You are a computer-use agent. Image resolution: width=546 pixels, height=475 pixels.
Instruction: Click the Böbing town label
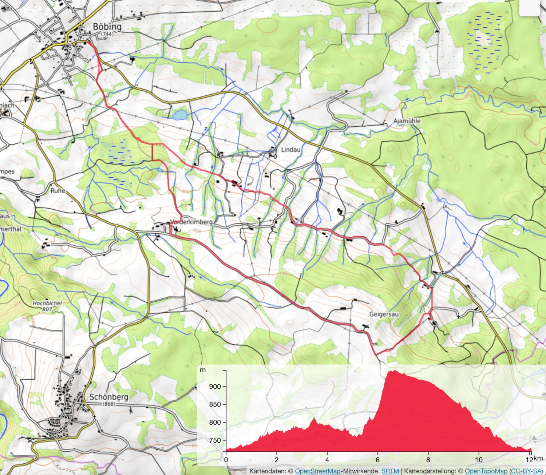tap(107, 27)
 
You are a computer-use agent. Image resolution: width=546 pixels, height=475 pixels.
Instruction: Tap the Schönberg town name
tap(109, 397)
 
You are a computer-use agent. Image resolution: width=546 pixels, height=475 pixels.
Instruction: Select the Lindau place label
tap(291, 150)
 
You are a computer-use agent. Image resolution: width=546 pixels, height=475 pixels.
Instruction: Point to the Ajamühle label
tap(407, 121)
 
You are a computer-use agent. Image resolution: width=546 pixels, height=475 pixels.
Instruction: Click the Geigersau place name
tap(384, 314)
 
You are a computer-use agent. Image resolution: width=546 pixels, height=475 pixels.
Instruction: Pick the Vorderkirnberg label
tap(192, 222)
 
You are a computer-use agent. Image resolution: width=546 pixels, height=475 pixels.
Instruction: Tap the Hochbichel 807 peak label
tap(47, 306)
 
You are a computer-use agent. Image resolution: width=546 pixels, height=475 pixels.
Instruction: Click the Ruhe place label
tap(58, 191)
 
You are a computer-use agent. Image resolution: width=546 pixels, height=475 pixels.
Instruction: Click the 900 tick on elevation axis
tap(215, 387)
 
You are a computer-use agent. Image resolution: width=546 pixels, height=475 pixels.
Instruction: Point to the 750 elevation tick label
tap(215, 440)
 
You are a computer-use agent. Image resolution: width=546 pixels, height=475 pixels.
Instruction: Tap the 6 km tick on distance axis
tap(378, 460)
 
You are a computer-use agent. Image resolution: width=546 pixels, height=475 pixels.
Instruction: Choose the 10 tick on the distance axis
tap(479, 460)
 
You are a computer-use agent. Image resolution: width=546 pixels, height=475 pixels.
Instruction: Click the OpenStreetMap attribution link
tap(317, 471)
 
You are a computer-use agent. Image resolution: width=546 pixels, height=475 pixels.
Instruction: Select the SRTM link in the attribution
tap(390, 471)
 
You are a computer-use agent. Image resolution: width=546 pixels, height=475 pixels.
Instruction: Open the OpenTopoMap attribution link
tap(486, 471)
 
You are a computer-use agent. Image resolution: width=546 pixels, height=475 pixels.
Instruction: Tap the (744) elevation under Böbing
tap(107, 34)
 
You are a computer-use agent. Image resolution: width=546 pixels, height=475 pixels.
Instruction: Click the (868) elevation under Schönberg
tap(109, 404)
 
